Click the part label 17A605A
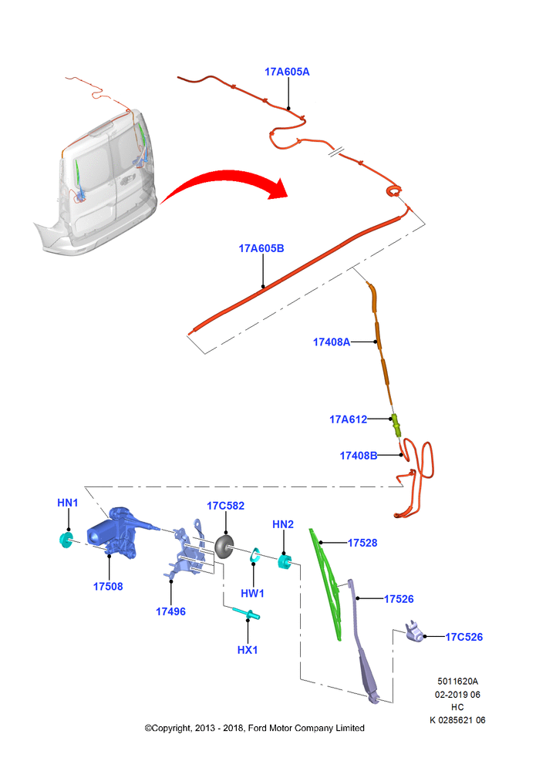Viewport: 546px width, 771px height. coord(287,72)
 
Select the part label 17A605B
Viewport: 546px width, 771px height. coord(261,248)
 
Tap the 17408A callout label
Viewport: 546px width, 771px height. coord(332,342)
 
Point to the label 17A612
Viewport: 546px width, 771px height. coord(349,419)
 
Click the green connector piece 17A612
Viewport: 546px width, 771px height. coord(396,426)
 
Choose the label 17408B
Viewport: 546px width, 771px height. coord(359,456)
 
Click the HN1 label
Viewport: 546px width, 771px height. coord(68,503)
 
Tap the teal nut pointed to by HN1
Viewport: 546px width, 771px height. coord(66,540)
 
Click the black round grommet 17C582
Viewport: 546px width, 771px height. coord(224,547)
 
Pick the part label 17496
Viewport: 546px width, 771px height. coord(170,611)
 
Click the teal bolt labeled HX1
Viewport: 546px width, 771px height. coord(246,613)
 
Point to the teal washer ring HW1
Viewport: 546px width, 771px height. coord(254,554)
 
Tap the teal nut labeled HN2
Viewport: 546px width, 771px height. coord(285,561)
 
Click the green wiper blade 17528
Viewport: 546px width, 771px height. coord(327,584)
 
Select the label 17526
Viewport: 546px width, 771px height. coord(399,599)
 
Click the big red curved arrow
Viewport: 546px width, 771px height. coord(224,183)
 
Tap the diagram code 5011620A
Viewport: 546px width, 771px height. coord(457,681)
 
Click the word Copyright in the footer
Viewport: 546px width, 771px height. coord(171,728)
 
